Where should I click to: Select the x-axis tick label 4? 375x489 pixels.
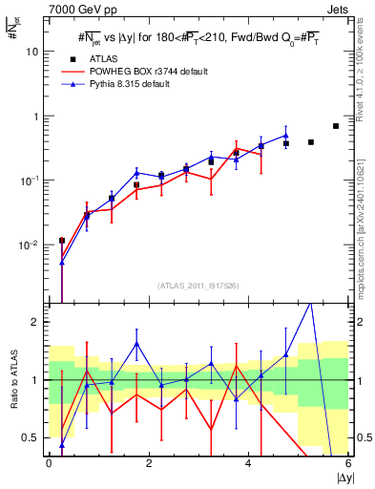[249, 463]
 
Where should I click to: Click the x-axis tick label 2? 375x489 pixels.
[149, 463]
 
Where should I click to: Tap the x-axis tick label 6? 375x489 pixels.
[348, 463]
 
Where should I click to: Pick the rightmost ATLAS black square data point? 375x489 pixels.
[335, 126]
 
